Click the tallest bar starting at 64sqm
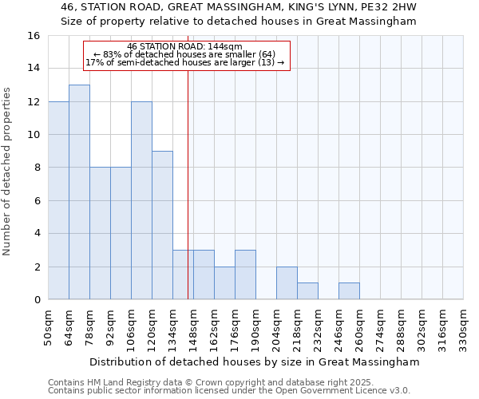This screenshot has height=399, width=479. click(x=79, y=192)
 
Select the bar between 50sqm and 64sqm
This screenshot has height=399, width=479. click(x=58, y=200)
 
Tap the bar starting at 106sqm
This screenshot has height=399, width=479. click(x=141, y=200)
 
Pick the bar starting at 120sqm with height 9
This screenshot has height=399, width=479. click(x=162, y=225)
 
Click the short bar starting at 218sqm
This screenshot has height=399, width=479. click(x=307, y=291)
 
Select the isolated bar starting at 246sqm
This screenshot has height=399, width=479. click(x=349, y=291)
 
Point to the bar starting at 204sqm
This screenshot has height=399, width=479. click(x=287, y=283)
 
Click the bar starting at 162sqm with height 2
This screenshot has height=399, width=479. click(x=224, y=283)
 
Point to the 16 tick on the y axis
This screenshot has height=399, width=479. click(x=34, y=36)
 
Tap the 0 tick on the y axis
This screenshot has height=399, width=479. click(x=37, y=300)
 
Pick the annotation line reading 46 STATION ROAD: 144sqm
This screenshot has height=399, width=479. click(x=184, y=47)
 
